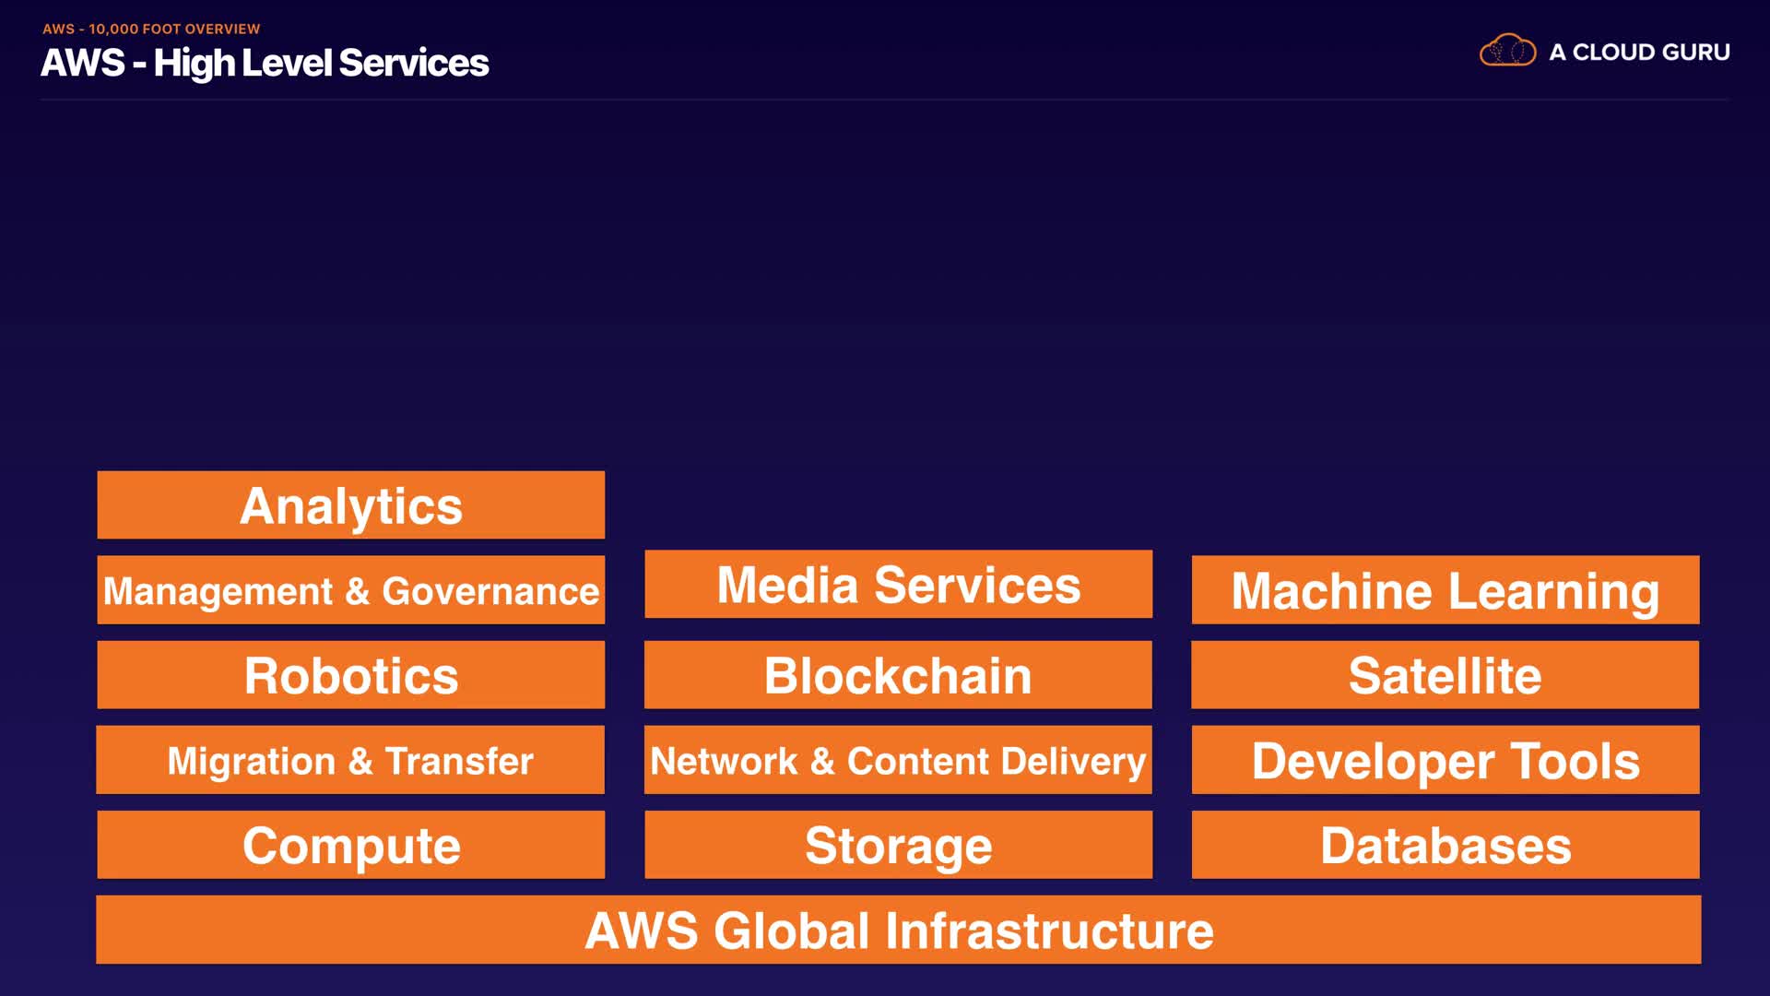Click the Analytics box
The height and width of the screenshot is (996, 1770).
pos(350,505)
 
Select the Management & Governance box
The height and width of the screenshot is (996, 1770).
pos(350,590)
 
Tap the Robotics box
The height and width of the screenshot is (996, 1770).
pos(350,675)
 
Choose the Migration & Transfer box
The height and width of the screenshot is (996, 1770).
pos(350,760)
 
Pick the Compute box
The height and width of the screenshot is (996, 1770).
pos(350,845)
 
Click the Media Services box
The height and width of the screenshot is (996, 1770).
pos(898,585)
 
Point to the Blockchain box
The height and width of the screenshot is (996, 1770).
pos(898,675)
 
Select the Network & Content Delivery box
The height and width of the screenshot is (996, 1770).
pos(898,760)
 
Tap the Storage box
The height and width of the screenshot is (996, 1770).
pos(898,845)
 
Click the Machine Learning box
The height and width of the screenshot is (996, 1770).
pos(1445,590)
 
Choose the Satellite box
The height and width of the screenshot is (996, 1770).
pos(1445,675)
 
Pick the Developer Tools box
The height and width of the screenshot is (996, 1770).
pos(1445,760)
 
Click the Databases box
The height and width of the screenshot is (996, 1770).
pos(1445,845)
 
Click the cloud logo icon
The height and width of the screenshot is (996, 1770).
pos(1507,51)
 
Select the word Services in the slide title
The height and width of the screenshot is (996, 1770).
pos(413,63)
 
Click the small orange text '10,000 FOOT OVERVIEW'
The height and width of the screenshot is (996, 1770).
pos(174,29)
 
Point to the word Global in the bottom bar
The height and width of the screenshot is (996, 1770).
pos(792,931)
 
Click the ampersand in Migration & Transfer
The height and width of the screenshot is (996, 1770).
pos(360,762)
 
